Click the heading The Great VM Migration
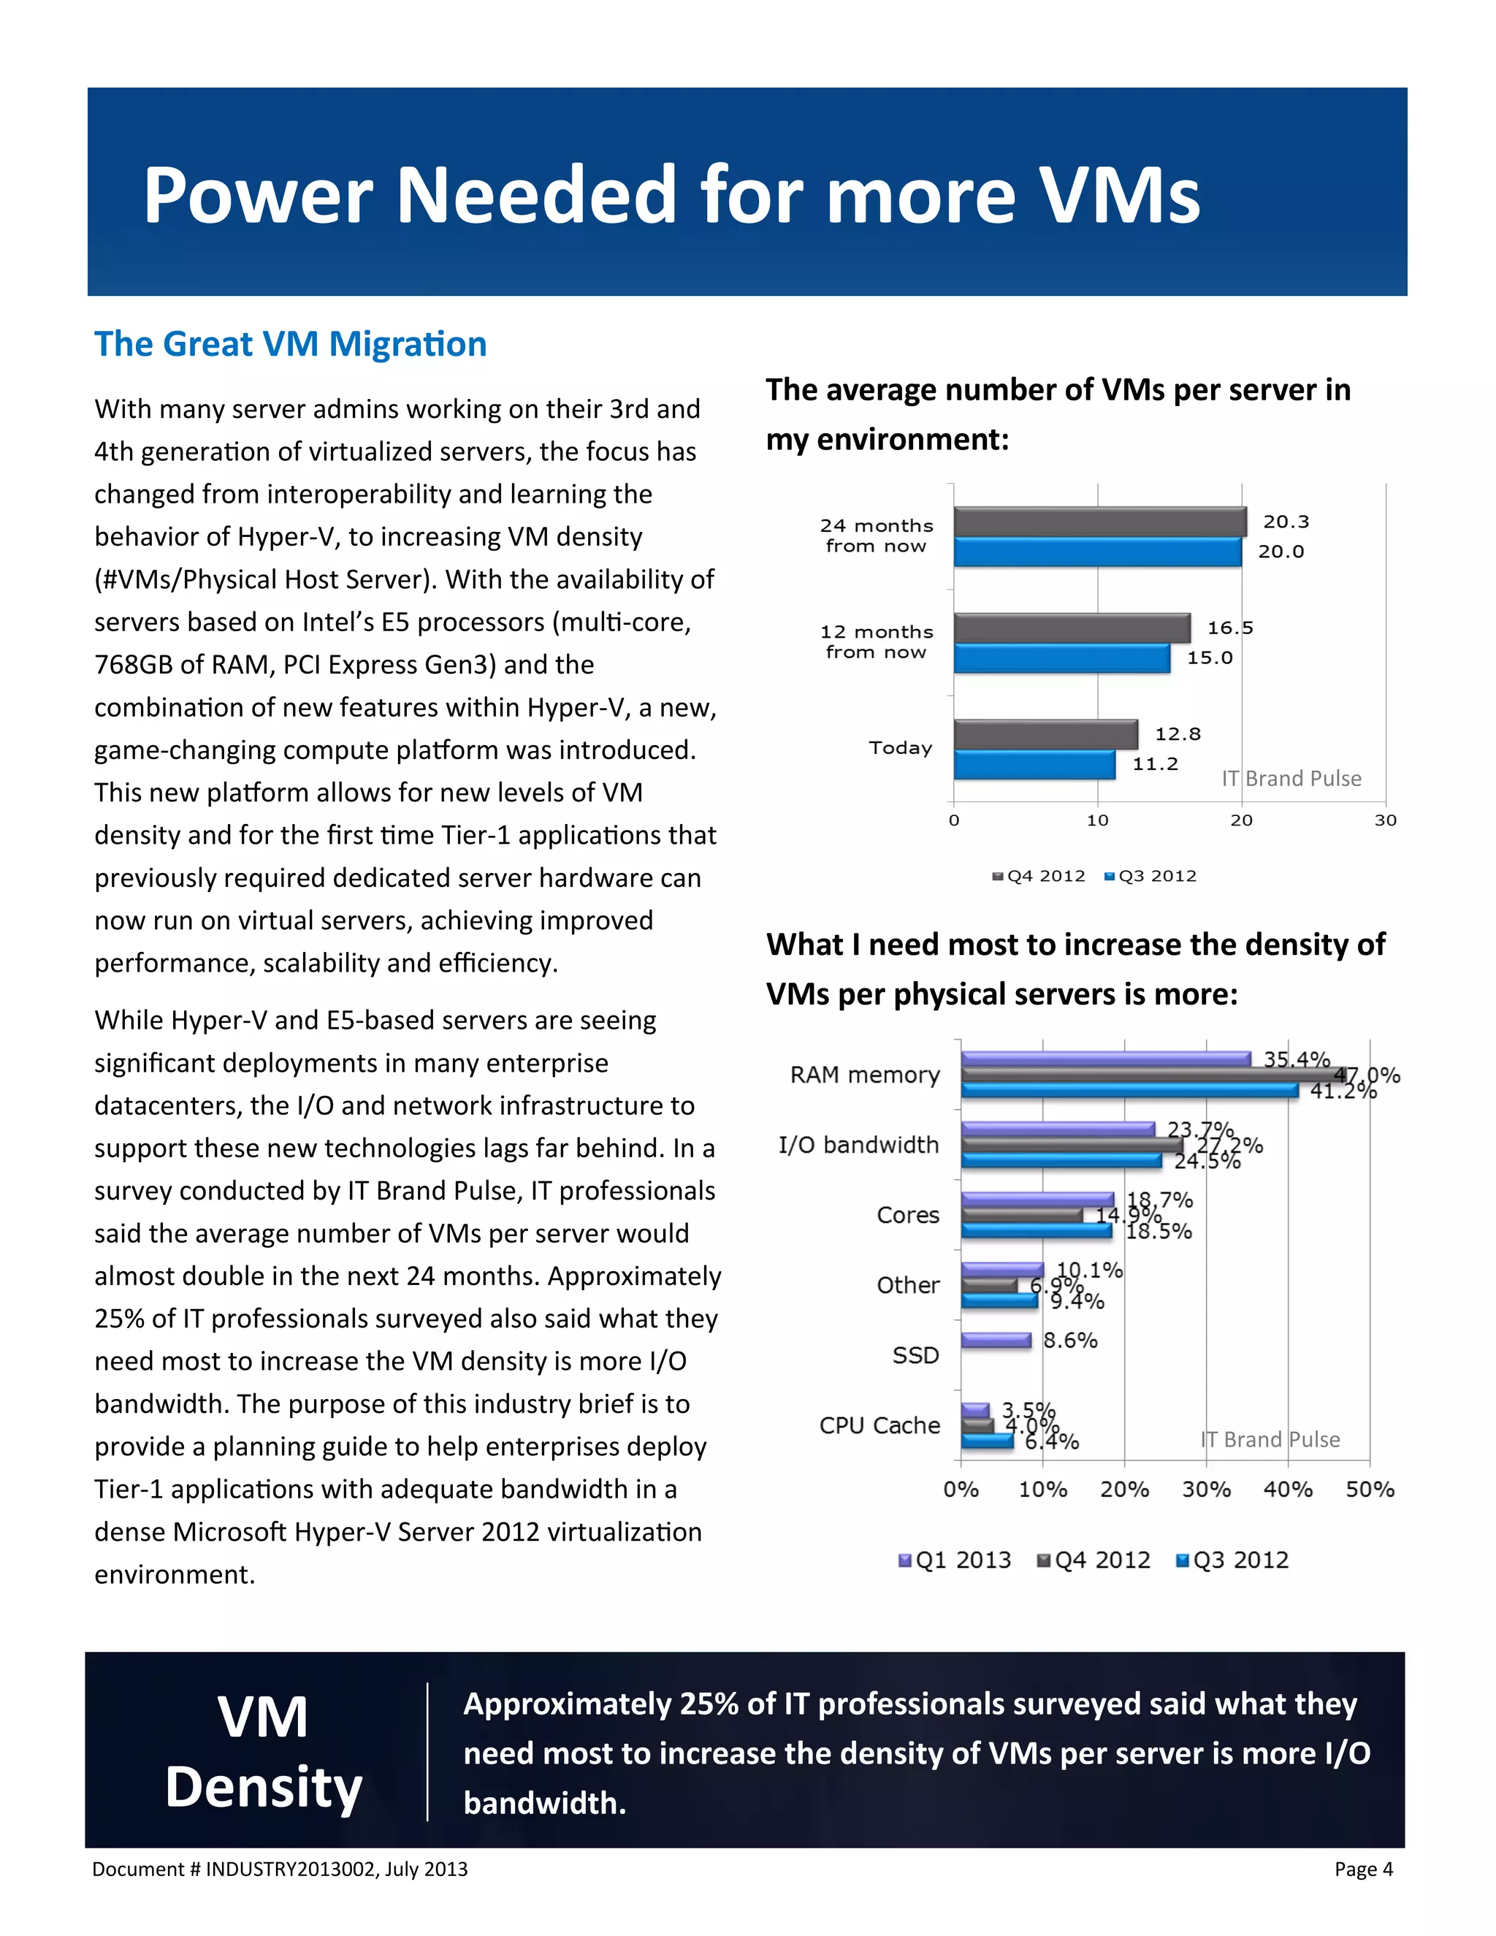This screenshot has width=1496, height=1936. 291,344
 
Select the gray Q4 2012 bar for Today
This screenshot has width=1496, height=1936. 1046,734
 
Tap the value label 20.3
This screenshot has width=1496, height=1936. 1285,522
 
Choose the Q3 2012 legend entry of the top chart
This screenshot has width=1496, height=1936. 1151,876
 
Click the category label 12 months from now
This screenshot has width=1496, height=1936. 876,641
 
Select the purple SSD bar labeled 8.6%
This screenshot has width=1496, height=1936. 996,1341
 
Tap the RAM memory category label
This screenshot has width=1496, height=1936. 865,1075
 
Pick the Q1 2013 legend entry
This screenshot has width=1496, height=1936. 955,1560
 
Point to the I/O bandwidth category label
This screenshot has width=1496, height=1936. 858,1146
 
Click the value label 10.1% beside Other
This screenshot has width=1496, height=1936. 1089,1270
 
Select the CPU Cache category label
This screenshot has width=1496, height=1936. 879,1425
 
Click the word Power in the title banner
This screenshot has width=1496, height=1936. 258,195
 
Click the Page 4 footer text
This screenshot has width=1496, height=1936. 1363,1870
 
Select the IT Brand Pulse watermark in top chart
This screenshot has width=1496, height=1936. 1291,778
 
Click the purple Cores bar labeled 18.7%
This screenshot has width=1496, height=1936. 1037,1200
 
